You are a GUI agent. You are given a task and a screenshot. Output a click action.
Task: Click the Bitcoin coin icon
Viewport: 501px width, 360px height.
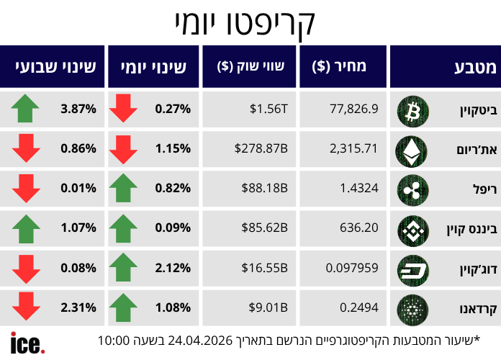pos(413,109)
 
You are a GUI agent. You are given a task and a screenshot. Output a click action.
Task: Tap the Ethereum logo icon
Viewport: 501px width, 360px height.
pos(413,149)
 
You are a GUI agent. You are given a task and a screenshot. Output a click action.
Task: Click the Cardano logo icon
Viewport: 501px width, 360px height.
pos(413,310)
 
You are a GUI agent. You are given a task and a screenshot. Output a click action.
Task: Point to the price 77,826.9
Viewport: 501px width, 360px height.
pos(353,109)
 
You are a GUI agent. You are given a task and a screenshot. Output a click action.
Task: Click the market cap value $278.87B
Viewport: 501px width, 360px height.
pos(261,149)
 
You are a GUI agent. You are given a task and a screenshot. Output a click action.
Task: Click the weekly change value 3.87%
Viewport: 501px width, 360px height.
pos(79,109)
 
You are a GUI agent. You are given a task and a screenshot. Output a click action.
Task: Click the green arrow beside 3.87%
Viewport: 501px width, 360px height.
pos(26,109)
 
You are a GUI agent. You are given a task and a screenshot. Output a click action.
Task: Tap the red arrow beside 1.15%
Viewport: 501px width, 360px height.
pos(123,149)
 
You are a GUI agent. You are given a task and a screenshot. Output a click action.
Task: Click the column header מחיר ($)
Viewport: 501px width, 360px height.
pos(340,67)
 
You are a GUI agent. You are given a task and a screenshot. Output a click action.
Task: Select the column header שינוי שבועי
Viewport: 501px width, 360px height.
pos(52,67)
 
